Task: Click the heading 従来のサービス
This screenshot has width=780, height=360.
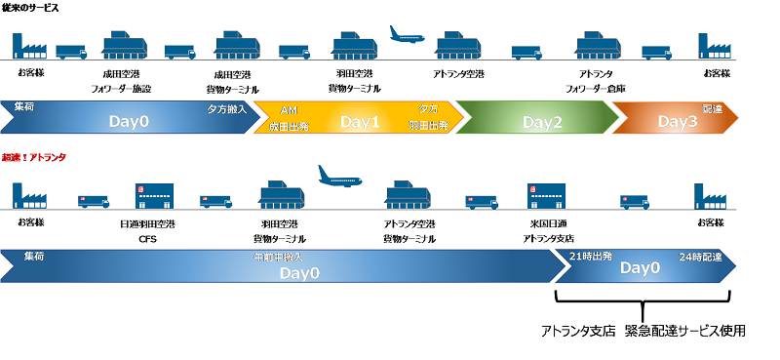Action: tap(30, 8)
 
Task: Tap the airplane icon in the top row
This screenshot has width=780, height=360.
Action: tap(409, 34)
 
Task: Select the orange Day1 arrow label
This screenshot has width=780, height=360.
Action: tap(360, 123)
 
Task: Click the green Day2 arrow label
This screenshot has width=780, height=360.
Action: tap(543, 123)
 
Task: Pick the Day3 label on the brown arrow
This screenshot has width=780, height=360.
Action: tap(678, 123)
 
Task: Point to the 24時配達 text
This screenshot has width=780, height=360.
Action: tap(699, 256)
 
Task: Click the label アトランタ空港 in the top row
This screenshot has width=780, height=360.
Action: tap(460, 74)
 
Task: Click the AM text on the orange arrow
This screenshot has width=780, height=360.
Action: tap(288, 109)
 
